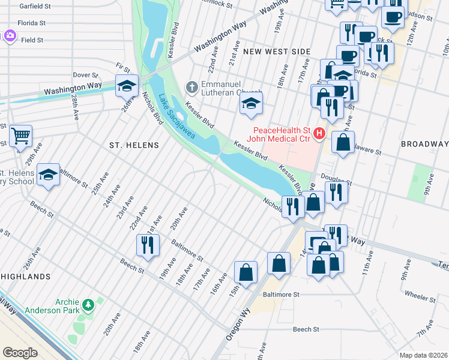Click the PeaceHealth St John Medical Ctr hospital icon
click(x=320, y=133)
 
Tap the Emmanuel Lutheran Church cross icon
click(x=191, y=88)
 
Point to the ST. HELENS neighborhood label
click(x=134, y=145)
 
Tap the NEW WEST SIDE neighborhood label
click(x=277, y=52)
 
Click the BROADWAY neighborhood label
click(x=424, y=144)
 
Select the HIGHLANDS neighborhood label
click(x=25, y=277)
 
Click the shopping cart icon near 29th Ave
click(x=21, y=137)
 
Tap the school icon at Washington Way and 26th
click(x=127, y=86)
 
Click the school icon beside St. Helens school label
click(x=49, y=175)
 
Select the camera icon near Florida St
click(x=10, y=36)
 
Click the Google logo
click(x=20, y=352)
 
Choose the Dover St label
click(x=85, y=75)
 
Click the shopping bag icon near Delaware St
click(x=343, y=143)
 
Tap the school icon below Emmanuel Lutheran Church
click(x=252, y=104)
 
